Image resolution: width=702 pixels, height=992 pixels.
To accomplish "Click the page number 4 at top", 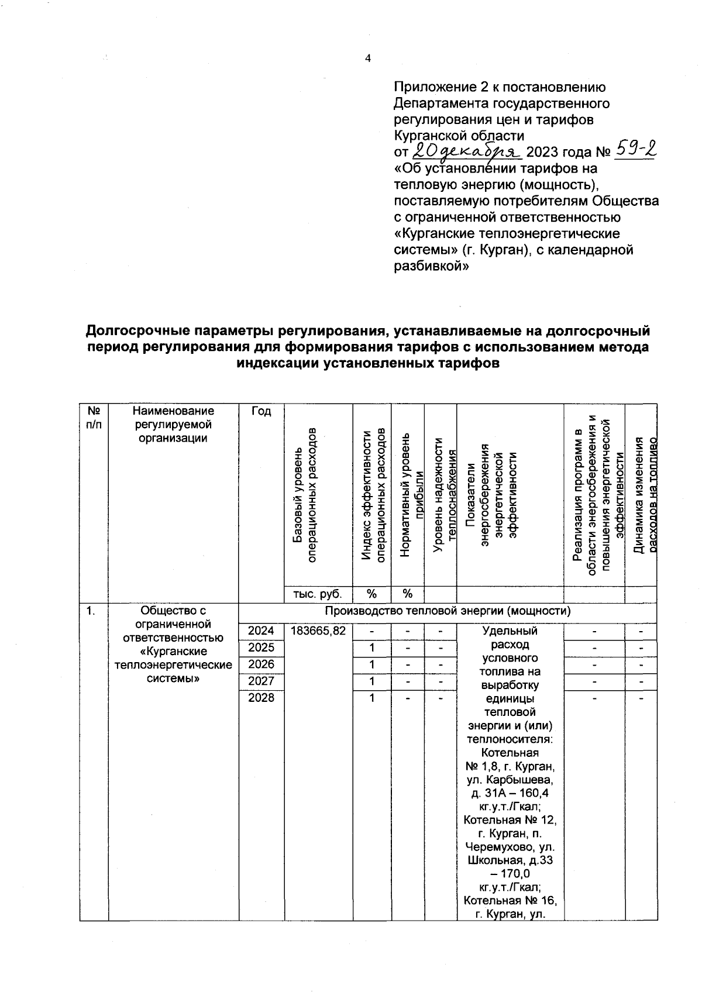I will [367, 58].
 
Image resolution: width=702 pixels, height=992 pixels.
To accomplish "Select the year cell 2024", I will [261, 631].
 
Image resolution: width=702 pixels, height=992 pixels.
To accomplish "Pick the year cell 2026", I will [261, 664].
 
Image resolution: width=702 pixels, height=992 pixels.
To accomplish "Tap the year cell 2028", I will [261, 698].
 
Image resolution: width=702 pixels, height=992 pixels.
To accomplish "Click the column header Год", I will [261, 411].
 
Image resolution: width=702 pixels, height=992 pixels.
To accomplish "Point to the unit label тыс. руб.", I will [318, 594].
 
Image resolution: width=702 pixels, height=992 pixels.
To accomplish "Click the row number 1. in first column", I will [91, 611].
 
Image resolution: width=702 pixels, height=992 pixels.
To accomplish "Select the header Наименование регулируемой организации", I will [173, 424].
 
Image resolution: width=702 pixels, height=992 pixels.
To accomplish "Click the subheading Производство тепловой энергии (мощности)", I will [448, 611].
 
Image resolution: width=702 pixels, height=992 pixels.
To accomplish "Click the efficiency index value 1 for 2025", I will [371, 647].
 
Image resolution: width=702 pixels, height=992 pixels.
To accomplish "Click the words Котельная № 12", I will [510, 820].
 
